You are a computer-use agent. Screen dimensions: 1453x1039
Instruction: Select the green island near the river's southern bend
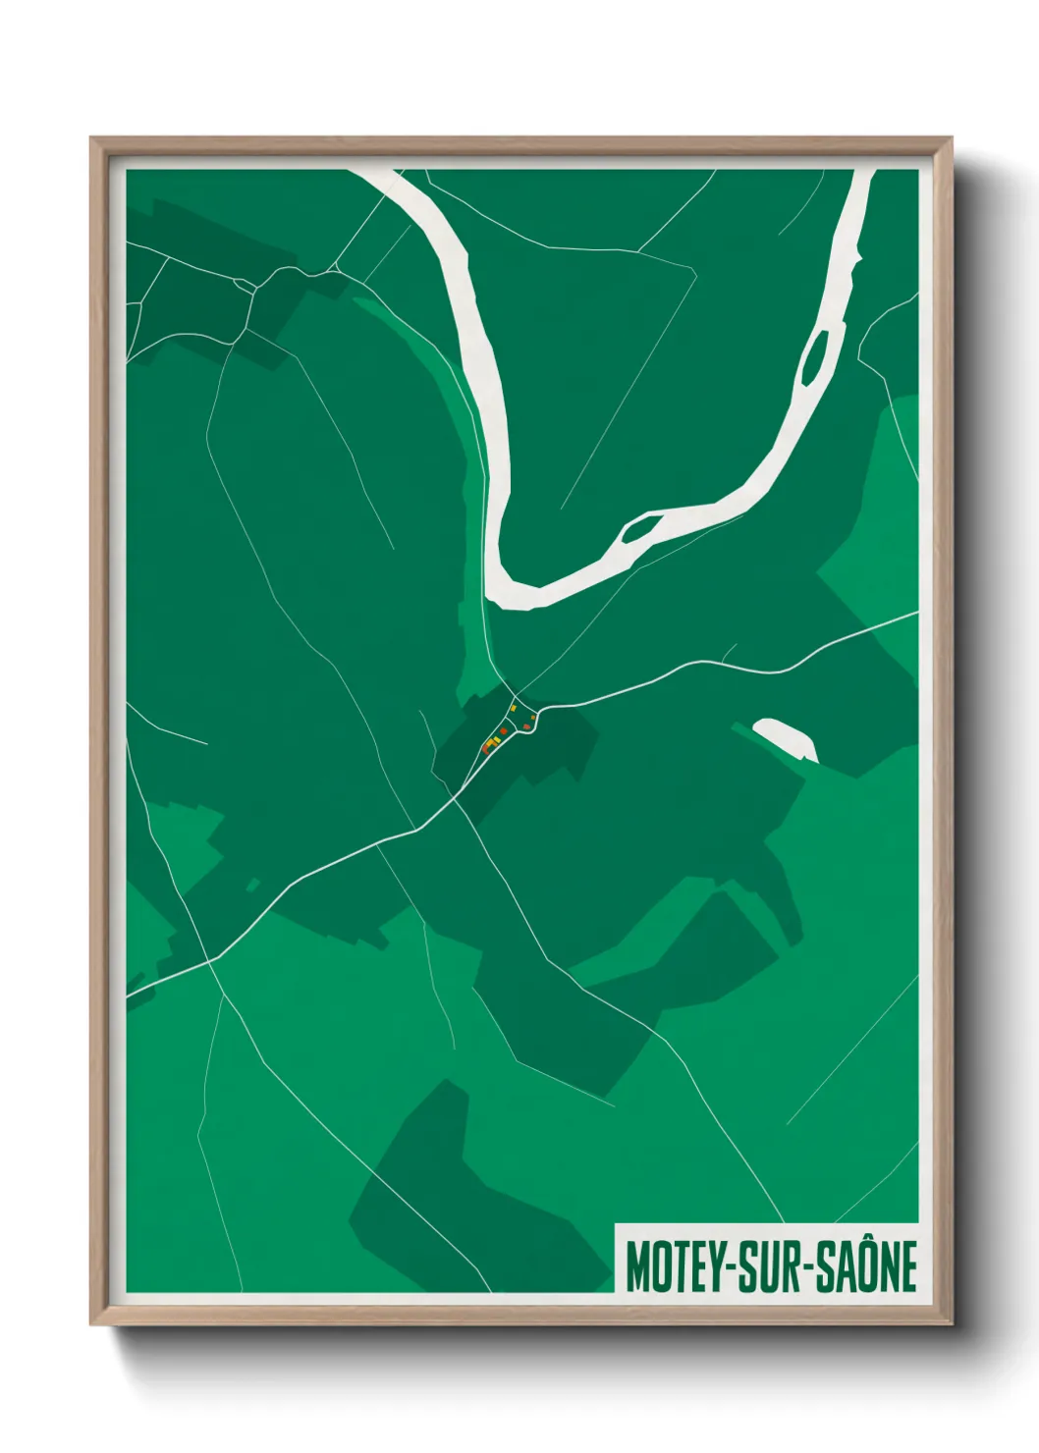coord(639,529)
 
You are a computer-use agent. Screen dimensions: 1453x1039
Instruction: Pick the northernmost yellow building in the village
coord(514,708)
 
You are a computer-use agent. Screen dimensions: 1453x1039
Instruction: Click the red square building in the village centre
coord(504,730)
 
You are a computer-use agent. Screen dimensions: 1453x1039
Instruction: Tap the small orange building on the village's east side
coord(533,718)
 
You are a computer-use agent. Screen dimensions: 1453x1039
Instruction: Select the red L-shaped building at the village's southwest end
coord(485,750)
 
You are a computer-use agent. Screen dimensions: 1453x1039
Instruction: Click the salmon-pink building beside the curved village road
coord(526,726)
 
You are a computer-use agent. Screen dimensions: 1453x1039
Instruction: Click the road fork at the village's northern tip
coord(515,696)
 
